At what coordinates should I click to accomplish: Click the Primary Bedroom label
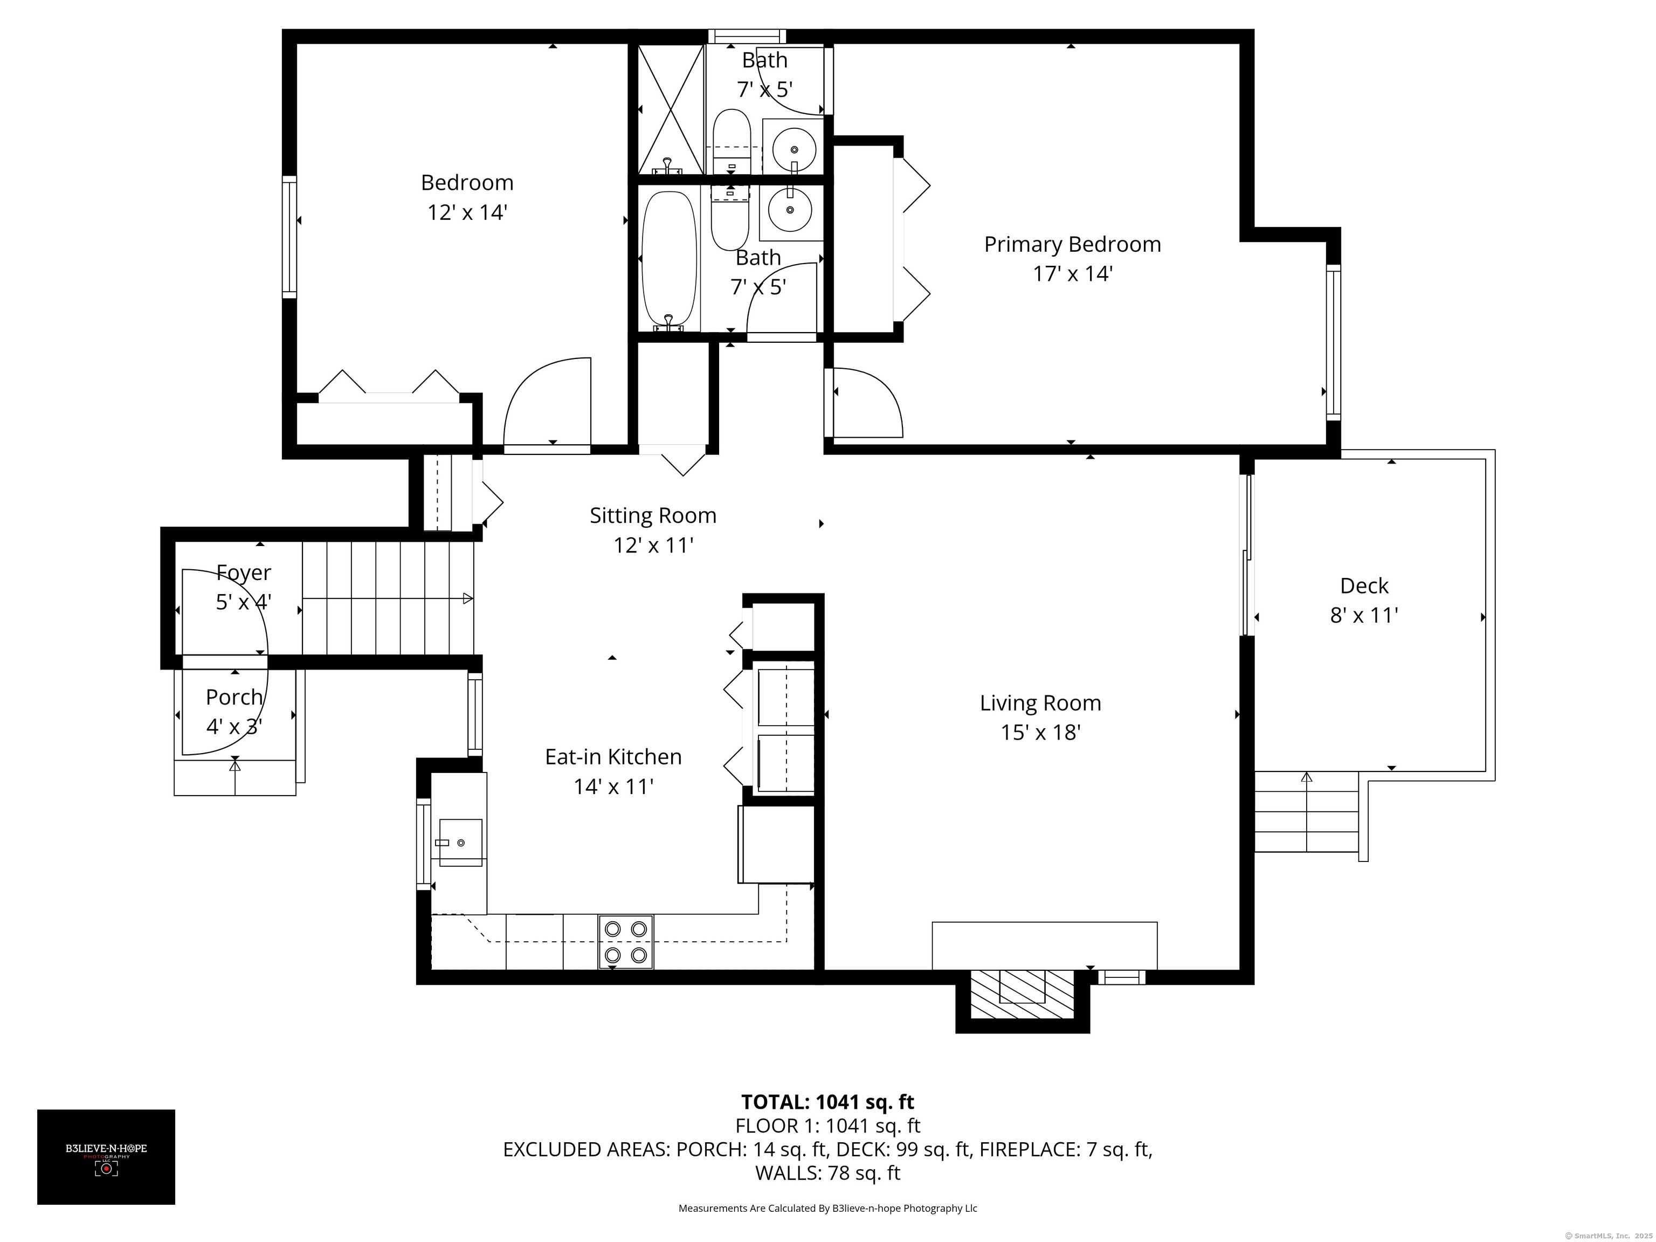(x=1072, y=244)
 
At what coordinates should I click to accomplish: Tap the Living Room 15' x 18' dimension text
(x=1040, y=732)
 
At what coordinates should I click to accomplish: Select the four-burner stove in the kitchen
(x=626, y=942)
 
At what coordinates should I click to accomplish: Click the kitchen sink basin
(x=460, y=842)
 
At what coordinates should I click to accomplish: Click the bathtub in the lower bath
(x=670, y=260)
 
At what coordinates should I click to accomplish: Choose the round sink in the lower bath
(x=790, y=210)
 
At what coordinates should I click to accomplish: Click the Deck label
(x=1364, y=585)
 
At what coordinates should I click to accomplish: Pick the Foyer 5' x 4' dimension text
(x=243, y=602)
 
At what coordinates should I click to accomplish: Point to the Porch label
(x=234, y=697)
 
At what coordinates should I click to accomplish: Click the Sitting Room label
(x=653, y=516)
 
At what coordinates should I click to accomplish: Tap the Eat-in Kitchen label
(x=613, y=757)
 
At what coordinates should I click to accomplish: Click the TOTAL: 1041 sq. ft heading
(x=827, y=1102)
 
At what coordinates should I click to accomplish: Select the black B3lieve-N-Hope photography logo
(x=106, y=1157)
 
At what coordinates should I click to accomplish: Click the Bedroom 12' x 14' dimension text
(x=467, y=212)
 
